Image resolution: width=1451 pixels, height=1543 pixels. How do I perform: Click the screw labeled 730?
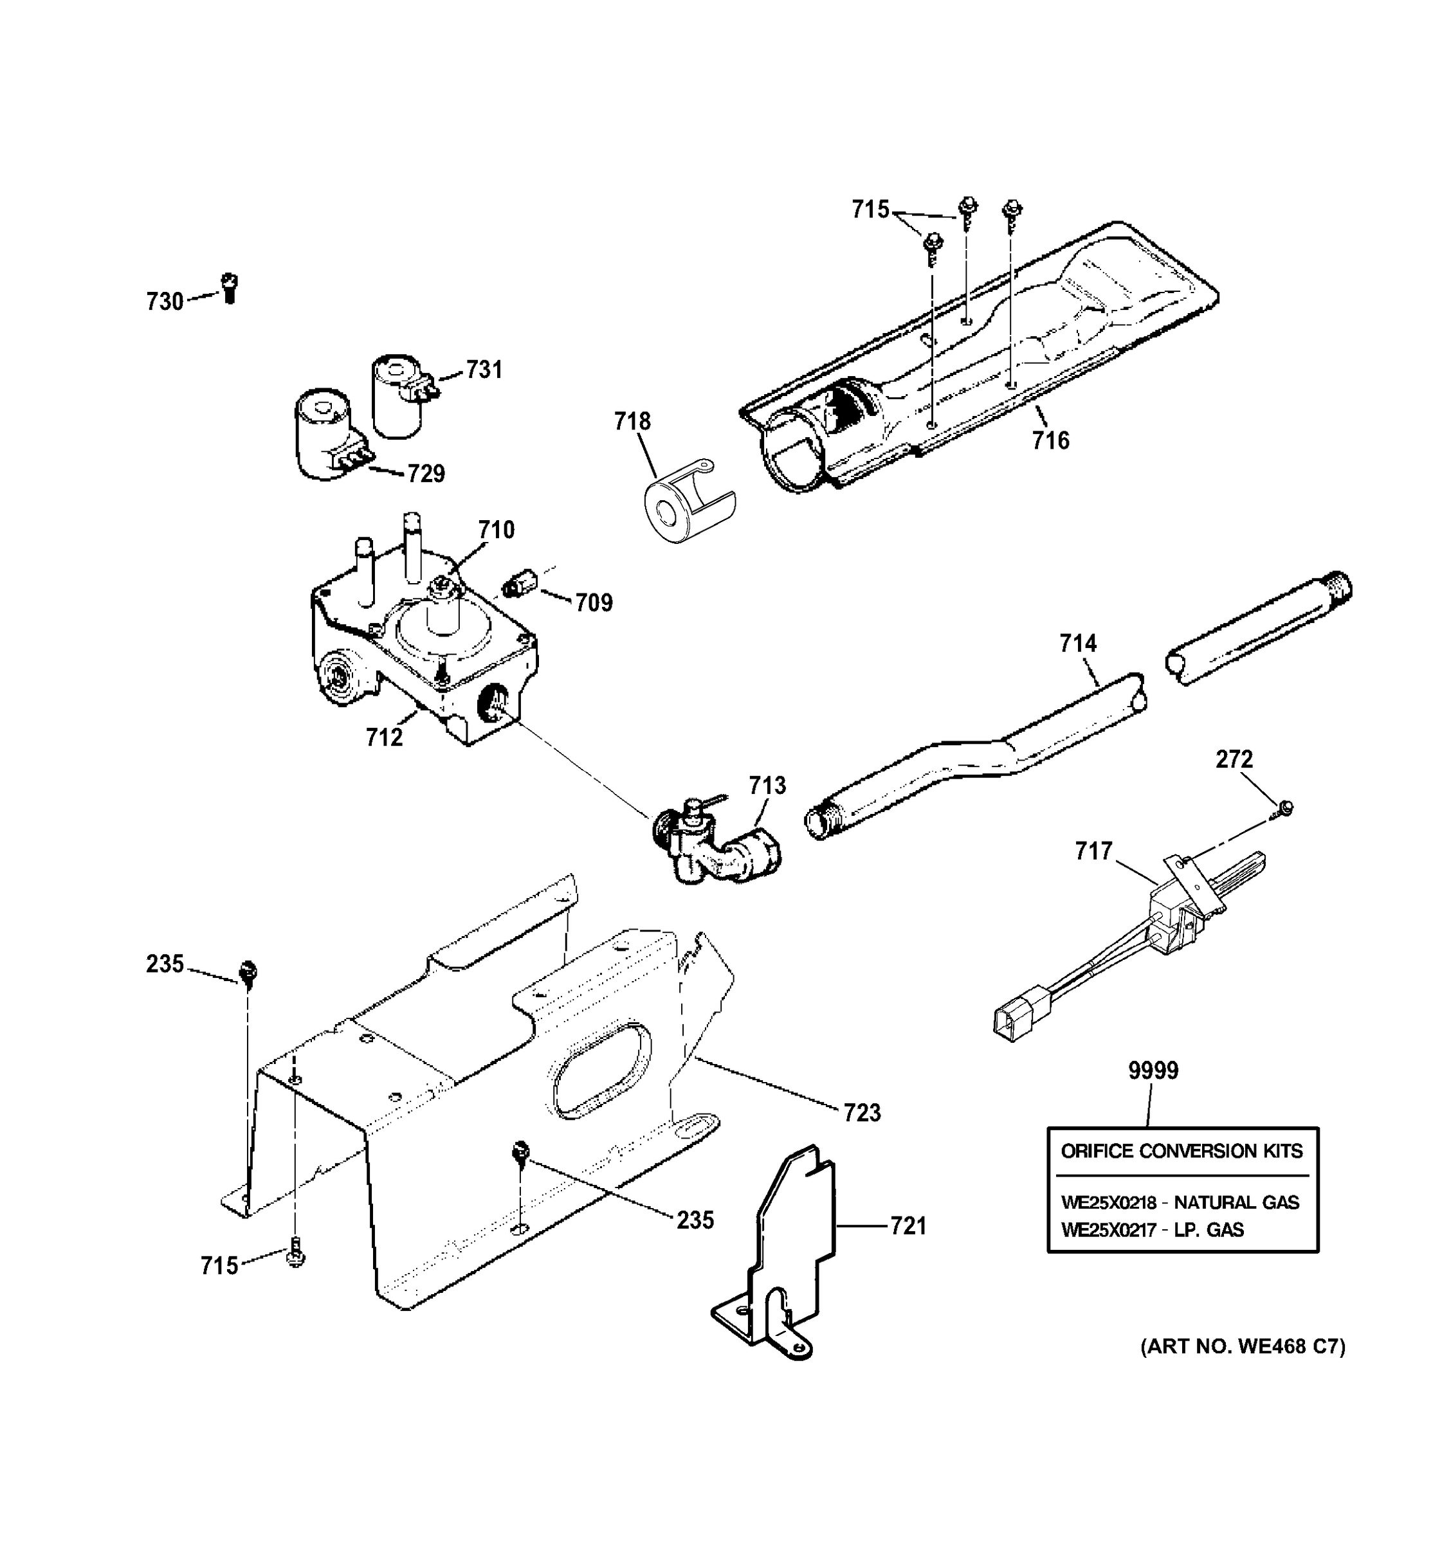[x=229, y=288]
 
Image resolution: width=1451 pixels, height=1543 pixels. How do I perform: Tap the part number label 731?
[x=484, y=370]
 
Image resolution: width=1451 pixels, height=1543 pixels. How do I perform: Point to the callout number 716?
[x=1050, y=441]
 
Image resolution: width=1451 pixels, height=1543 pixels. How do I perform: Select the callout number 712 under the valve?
[x=384, y=737]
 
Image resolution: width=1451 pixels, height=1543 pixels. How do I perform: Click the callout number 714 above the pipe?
[x=1079, y=644]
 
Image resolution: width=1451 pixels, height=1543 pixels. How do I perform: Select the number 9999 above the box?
[x=1153, y=1070]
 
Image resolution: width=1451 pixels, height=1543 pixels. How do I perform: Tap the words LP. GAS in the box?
[x=1208, y=1230]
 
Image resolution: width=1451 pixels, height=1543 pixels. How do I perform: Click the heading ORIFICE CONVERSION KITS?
[x=1182, y=1151]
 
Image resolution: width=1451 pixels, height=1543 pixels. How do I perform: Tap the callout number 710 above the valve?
[x=496, y=530]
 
